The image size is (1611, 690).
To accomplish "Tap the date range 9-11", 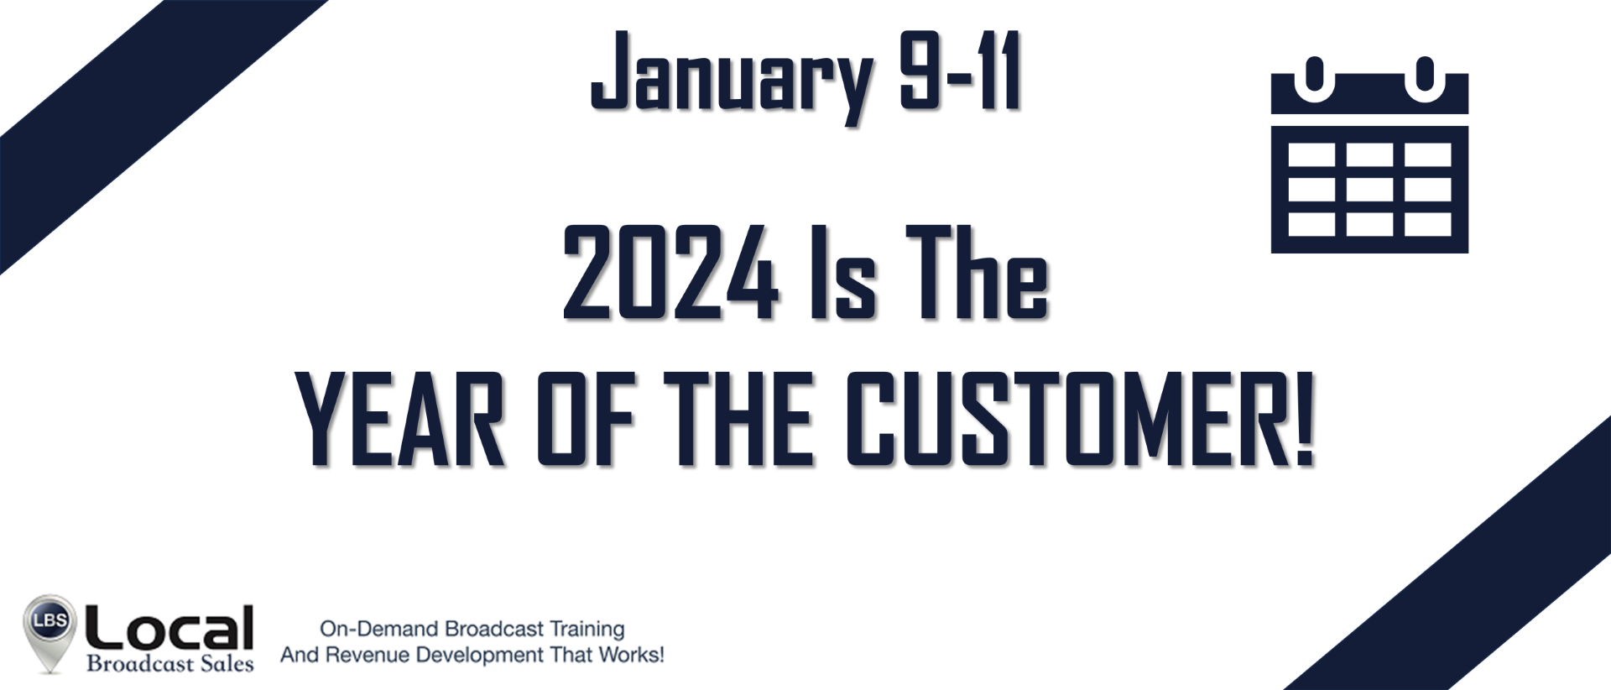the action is (960, 72).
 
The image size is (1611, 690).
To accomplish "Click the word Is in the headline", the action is (843, 273).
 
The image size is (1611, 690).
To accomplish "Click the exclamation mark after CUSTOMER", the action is (1302, 419).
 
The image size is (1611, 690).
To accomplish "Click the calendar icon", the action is (1369, 155).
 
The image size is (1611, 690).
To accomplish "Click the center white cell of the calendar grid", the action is (1369, 189).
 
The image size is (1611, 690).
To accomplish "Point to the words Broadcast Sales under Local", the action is (170, 664).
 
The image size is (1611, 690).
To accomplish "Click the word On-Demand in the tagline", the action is (379, 629).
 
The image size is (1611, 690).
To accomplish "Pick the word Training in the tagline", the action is (587, 630).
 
